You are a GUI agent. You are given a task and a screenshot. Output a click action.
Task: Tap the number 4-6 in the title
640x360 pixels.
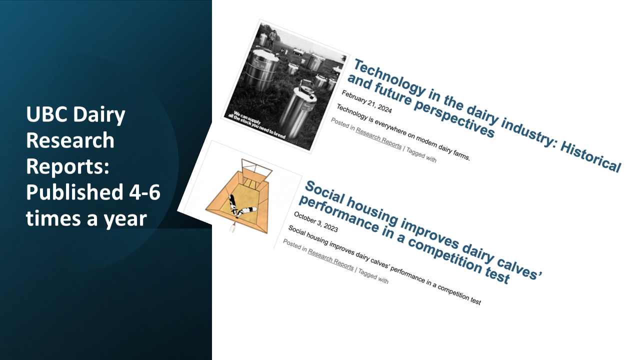coord(144,192)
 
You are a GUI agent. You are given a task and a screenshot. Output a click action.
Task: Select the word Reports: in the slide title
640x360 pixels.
coord(67,166)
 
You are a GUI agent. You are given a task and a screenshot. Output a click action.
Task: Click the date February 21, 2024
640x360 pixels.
coord(366,101)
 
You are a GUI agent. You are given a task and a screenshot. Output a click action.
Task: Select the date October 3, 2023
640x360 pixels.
coord(315,222)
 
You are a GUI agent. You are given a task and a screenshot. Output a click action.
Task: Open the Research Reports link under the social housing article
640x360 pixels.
coord(330,259)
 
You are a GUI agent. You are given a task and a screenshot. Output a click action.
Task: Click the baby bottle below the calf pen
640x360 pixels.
coord(232,227)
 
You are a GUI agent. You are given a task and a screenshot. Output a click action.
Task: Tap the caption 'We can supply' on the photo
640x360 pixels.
coord(247,117)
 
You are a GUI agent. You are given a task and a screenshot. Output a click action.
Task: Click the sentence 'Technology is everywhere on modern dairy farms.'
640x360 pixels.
coord(403,132)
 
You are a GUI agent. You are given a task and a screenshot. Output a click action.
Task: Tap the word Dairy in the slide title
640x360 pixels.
coord(99,115)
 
